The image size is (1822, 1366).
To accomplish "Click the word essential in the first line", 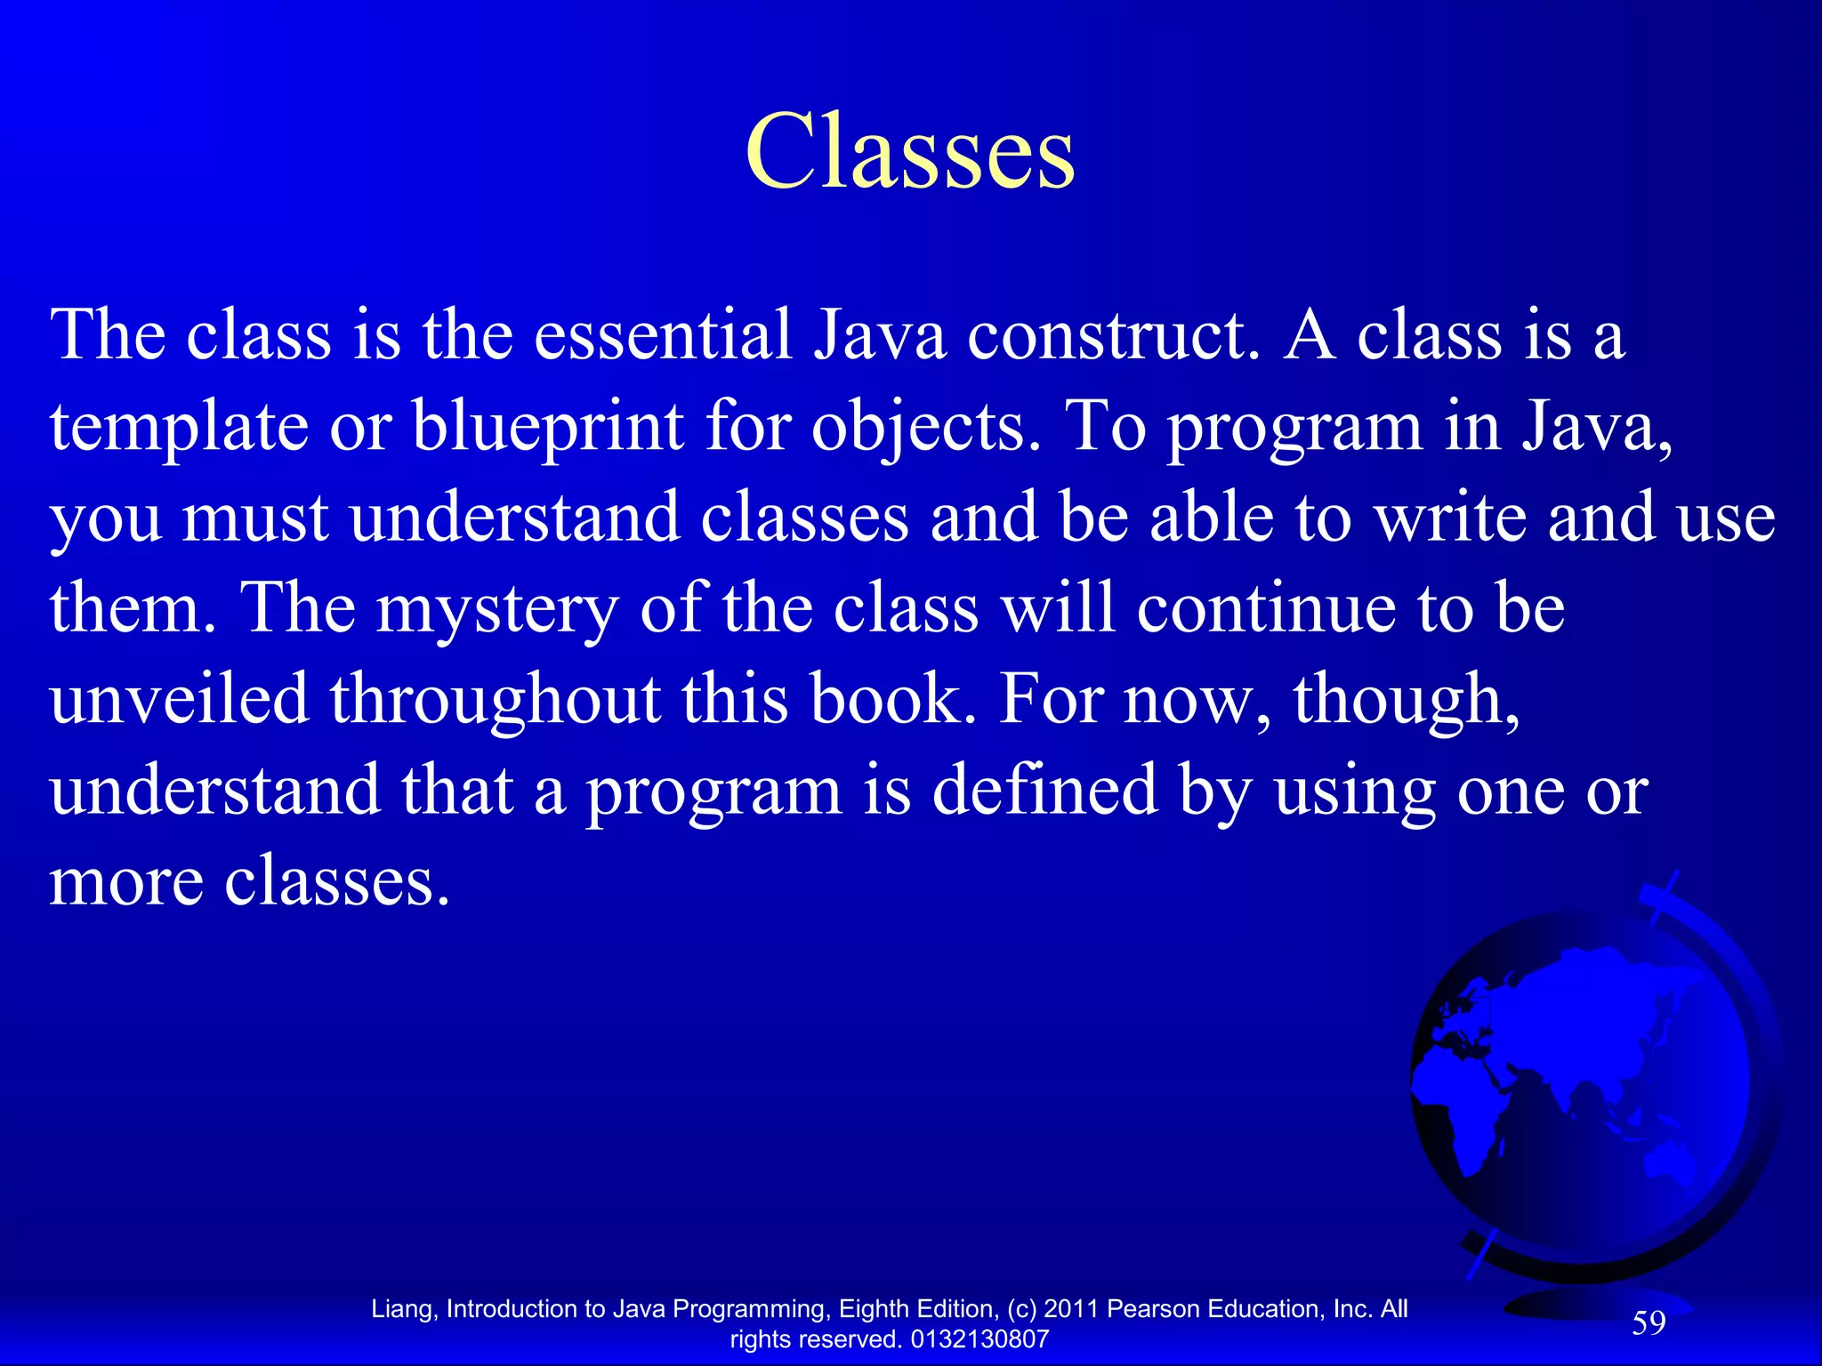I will pyautogui.click(x=662, y=336).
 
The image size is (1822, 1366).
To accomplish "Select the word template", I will pyautogui.click(x=179, y=428).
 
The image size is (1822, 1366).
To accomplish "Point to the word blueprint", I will pyautogui.click(x=548, y=428).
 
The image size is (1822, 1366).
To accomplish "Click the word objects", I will pyautogui.click(x=925, y=428).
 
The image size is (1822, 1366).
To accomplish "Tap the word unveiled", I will pyautogui.click(x=179, y=699).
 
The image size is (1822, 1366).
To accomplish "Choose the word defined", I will pyautogui.click(x=1044, y=791).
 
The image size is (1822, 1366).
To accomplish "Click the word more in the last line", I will pyautogui.click(x=125, y=882).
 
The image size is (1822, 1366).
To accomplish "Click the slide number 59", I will pyautogui.click(x=1648, y=1323).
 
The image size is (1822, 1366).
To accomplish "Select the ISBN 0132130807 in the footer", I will pyautogui.click(x=980, y=1339).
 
